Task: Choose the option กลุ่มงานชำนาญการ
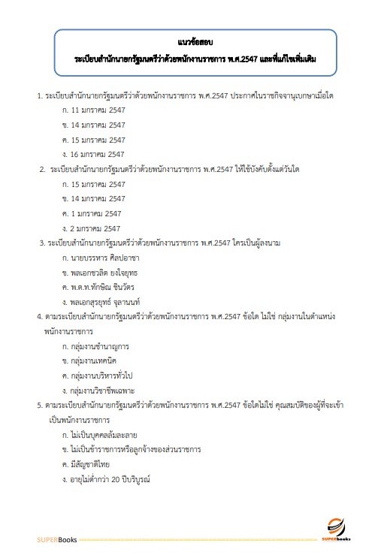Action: tap(101, 347)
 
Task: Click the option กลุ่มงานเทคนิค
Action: tap(98, 361)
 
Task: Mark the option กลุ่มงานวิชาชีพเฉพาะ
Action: tap(105, 391)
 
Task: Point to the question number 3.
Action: tap(42, 243)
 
